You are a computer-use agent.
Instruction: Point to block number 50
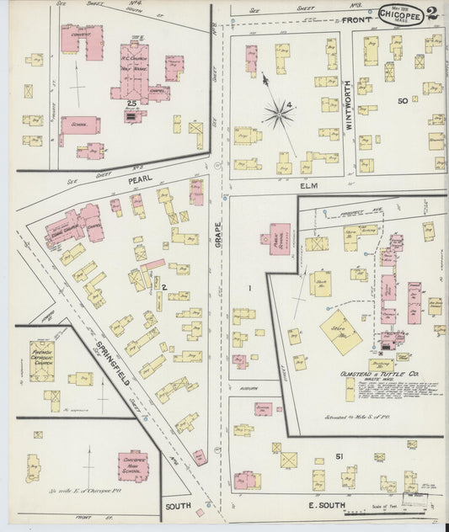coord(403,101)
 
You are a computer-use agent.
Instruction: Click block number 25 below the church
coord(131,102)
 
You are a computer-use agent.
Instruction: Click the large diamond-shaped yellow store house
coord(341,331)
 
